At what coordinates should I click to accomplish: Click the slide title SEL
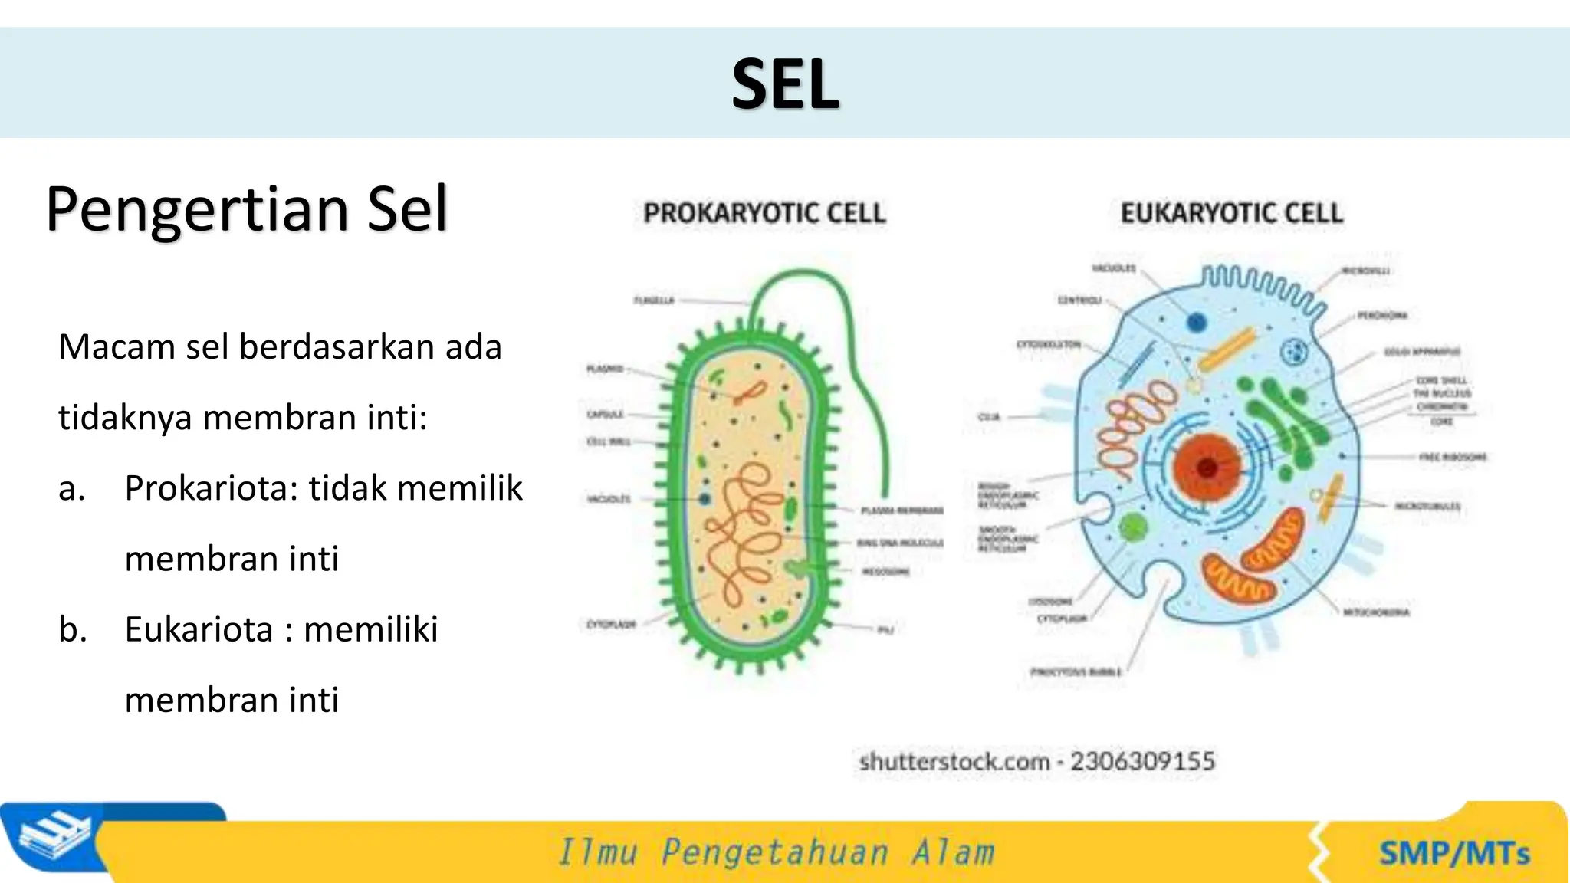pos(785,84)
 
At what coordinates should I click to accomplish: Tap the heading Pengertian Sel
pos(247,208)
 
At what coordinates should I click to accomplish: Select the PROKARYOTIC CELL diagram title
pos(764,213)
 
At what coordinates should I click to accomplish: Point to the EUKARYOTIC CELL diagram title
pos(1231,213)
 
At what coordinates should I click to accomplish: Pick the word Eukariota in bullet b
pos(199,629)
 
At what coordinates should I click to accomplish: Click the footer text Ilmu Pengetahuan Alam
pos(776,852)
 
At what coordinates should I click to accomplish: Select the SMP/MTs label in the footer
pos(1454,853)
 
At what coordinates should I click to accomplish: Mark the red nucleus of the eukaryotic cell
pos(1207,466)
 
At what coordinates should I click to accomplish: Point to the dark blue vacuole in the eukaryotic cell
pos(1197,322)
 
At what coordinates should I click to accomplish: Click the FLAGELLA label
pos(654,300)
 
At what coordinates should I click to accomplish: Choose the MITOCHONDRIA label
pos(1376,612)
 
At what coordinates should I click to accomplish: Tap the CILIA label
pos(990,417)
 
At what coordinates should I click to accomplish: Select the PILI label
pos(885,630)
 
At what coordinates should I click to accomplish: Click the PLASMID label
pos(605,369)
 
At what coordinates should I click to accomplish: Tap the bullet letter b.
pos(73,629)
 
